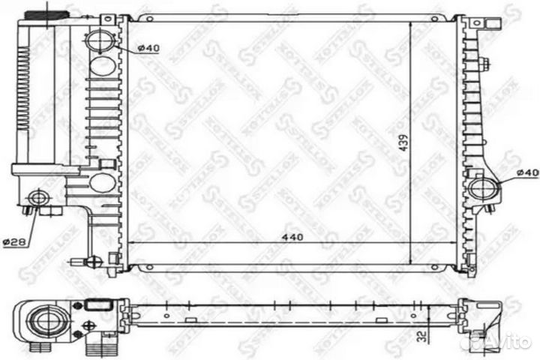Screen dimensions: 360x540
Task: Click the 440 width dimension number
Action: tap(292, 238)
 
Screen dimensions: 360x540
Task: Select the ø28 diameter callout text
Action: tap(13, 242)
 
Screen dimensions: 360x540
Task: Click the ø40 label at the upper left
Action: tap(149, 49)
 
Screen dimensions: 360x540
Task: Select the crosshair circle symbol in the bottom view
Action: tap(88, 325)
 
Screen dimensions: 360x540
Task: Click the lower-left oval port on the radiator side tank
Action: tap(100, 181)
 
